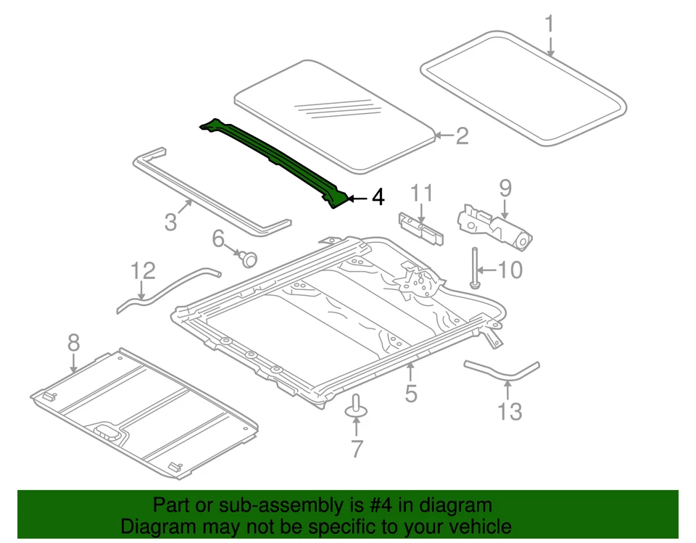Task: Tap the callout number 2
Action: (462, 136)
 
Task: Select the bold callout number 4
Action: (377, 197)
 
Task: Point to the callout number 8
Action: (73, 343)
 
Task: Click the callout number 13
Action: (510, 412)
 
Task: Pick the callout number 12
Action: (143, 271)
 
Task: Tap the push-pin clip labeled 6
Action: (248, 257)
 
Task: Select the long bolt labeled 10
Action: (475, 268)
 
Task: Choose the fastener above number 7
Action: (356, 407)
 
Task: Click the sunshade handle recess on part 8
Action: (109, 433)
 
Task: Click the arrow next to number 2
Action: (444, 135)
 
